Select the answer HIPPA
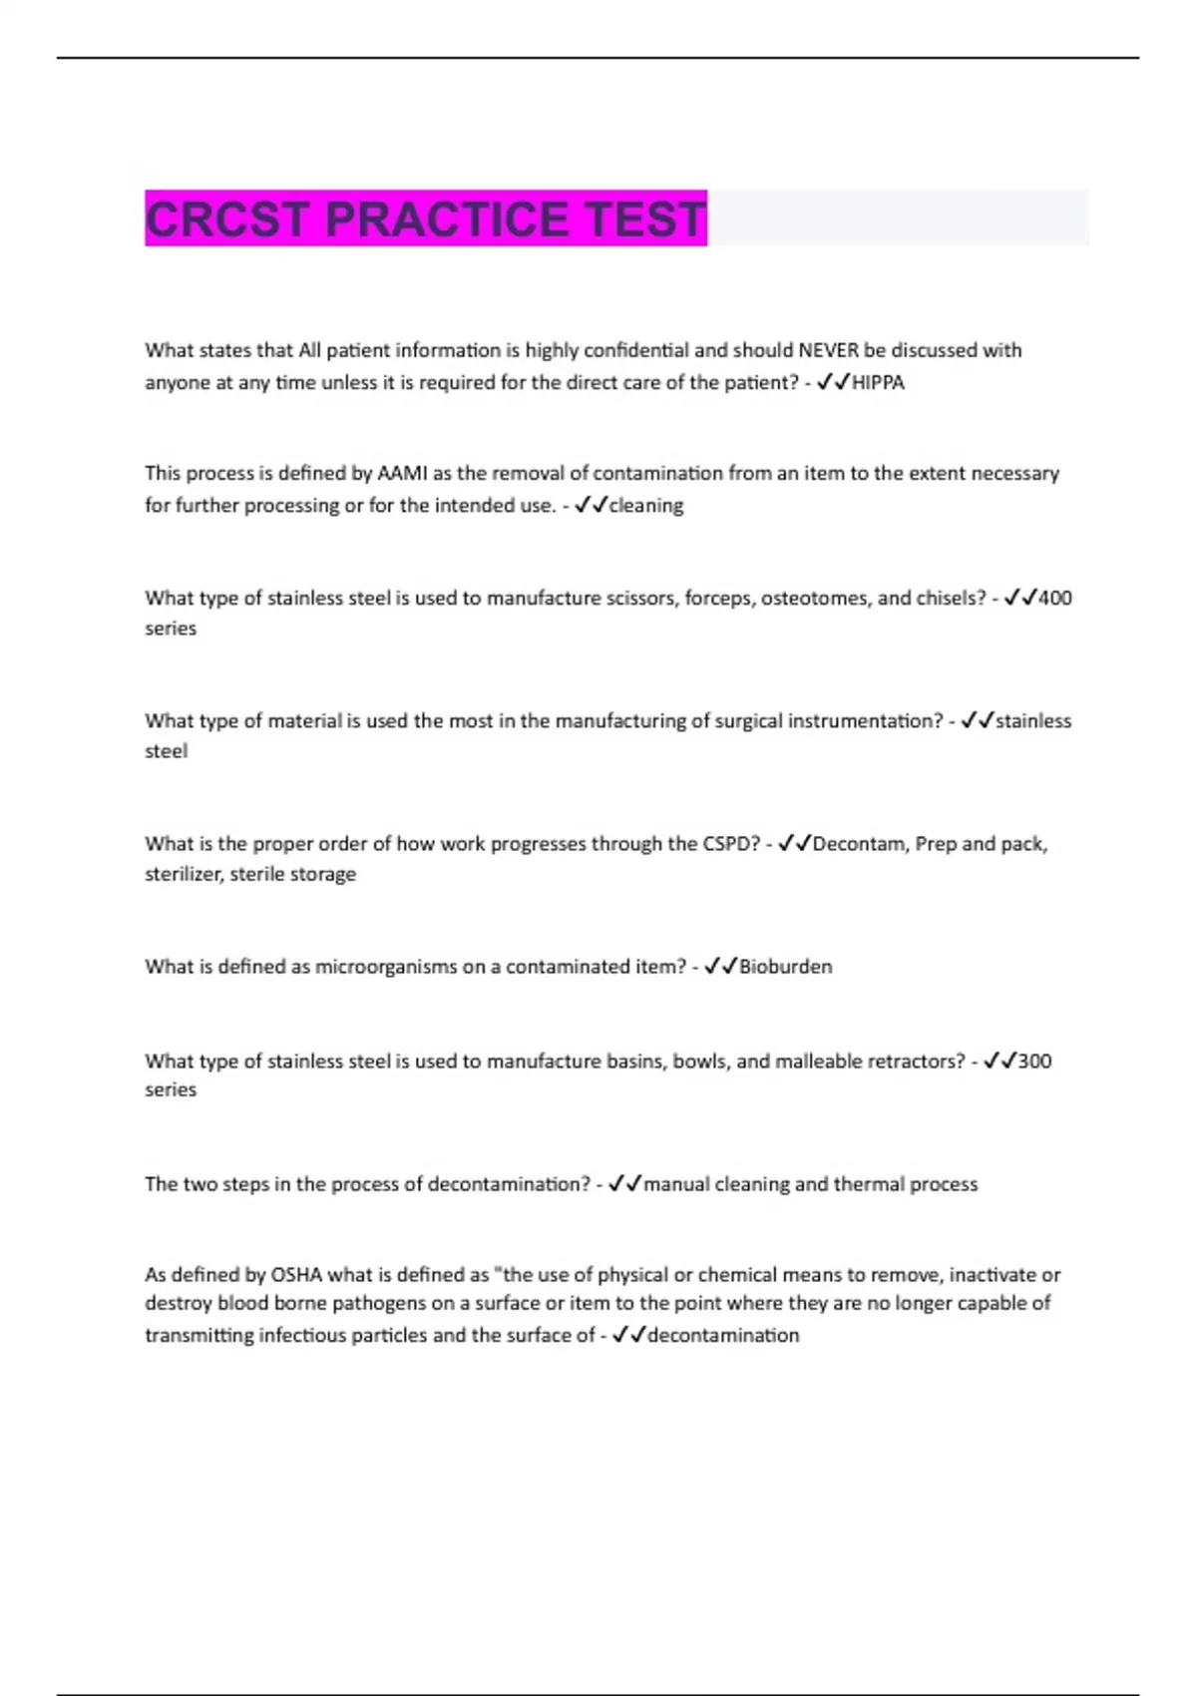click(878, 383)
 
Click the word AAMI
click(402, 474)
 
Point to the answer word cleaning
click(646, 506)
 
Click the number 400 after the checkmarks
click(1054, 599)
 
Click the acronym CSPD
click(731, 844)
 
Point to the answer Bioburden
click(785, 967)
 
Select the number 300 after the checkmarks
click(1034, 1061)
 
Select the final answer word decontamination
click(723, 1336)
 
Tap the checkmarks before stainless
click(978, 720)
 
